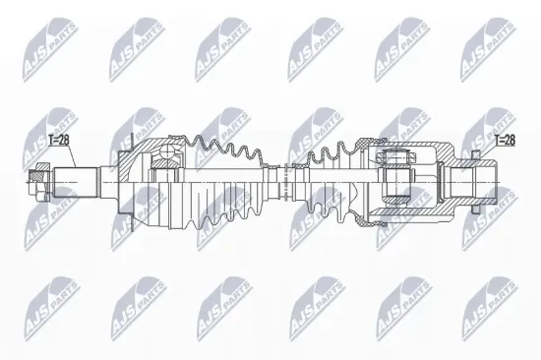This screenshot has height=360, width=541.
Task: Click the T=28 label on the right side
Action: pos(504,141)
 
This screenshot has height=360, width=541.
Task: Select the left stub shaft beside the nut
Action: pos(79,181)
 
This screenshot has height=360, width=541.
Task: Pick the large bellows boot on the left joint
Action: pos(221,182)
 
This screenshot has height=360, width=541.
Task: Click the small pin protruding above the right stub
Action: pos(475,158)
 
